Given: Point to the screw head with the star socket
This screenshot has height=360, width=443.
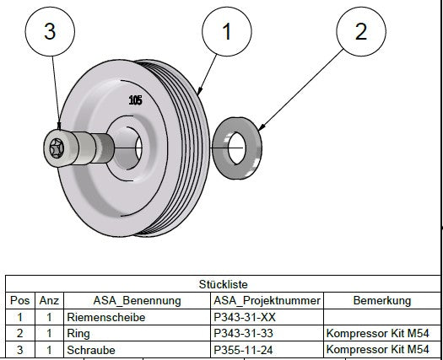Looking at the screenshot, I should (57, 149).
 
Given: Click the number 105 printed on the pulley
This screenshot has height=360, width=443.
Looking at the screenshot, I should (135, 99).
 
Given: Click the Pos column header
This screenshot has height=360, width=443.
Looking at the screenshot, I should (19, 300).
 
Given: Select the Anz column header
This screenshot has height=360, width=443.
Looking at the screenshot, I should (49, 300).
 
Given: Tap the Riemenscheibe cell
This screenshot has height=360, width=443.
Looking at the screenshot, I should (107, 317).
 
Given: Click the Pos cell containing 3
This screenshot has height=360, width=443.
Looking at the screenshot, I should (19, 348).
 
